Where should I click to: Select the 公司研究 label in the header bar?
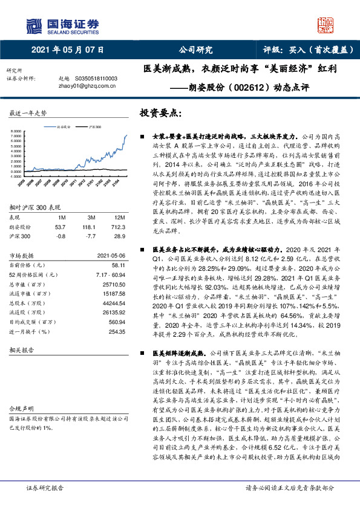195,51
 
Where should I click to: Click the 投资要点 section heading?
162,112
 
